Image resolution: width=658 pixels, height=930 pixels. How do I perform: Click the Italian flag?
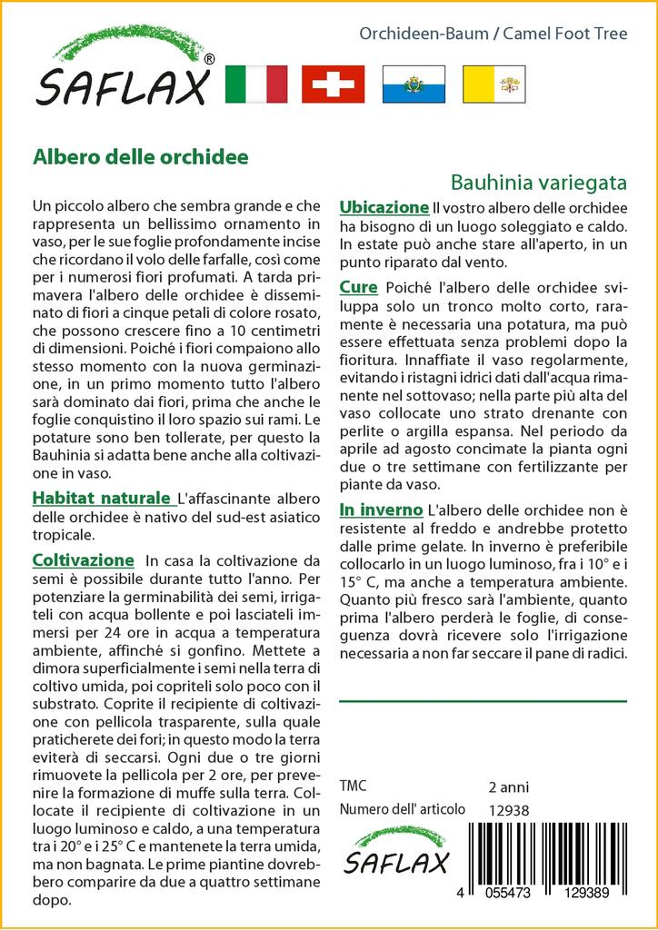point(254,84)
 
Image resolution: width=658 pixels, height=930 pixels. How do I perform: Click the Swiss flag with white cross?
point(333,84)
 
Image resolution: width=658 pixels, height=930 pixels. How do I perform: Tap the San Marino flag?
point(414,84)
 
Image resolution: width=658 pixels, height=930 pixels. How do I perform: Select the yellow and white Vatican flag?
point(493,84)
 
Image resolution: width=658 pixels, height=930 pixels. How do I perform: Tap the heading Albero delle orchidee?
point(141,155)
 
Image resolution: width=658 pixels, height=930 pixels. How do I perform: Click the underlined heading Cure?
point(358,287)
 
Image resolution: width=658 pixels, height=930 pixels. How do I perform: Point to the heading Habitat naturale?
point(101,498)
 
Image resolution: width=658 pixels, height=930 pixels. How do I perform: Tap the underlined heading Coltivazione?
point(83,559)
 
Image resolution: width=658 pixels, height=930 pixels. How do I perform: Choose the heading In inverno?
point(380,510)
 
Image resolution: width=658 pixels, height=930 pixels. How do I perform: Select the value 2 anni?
point(508,787)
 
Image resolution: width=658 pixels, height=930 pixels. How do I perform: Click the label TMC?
point(354,786)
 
